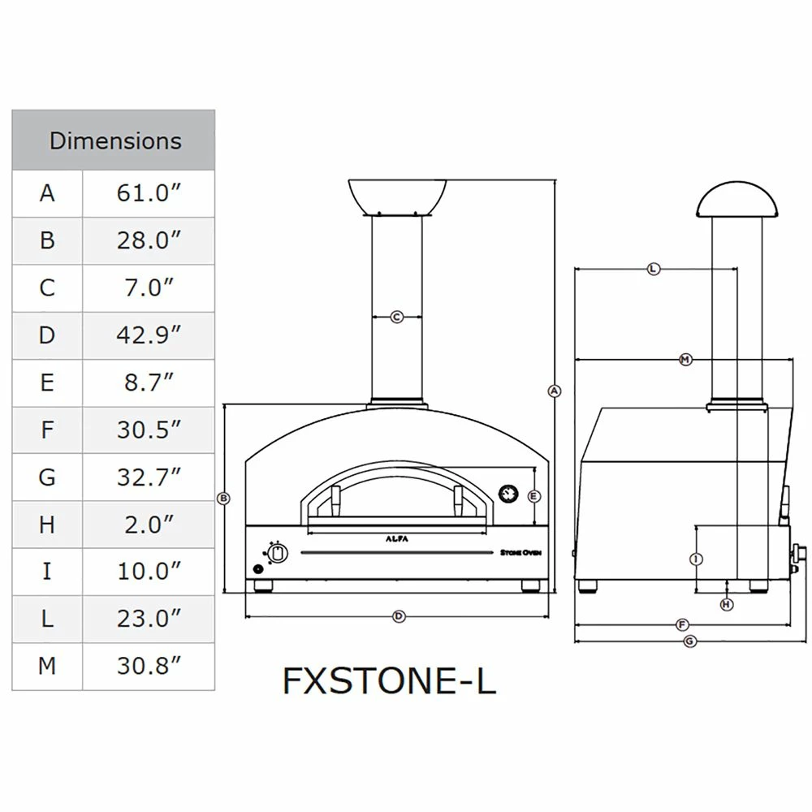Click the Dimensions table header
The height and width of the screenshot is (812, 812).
114,140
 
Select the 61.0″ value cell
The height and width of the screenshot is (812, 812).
148,193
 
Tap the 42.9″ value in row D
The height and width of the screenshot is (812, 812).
148,335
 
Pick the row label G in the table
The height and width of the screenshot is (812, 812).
47,477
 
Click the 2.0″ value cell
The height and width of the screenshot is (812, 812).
148,524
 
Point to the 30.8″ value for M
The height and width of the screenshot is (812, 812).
148,666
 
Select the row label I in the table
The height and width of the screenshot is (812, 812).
47,571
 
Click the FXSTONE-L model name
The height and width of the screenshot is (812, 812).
389,681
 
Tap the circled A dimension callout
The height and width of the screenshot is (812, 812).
555,391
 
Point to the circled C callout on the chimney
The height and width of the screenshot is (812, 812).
397,317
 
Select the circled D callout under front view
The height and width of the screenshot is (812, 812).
399,617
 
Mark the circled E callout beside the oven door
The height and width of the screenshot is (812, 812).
533,496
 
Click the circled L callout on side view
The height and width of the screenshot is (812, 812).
654,269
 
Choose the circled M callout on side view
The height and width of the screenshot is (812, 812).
685,359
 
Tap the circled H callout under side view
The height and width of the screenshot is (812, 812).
727,604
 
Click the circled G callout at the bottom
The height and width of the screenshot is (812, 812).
689,641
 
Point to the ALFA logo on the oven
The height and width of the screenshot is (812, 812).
397,538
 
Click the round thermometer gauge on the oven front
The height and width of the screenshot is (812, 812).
508,493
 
